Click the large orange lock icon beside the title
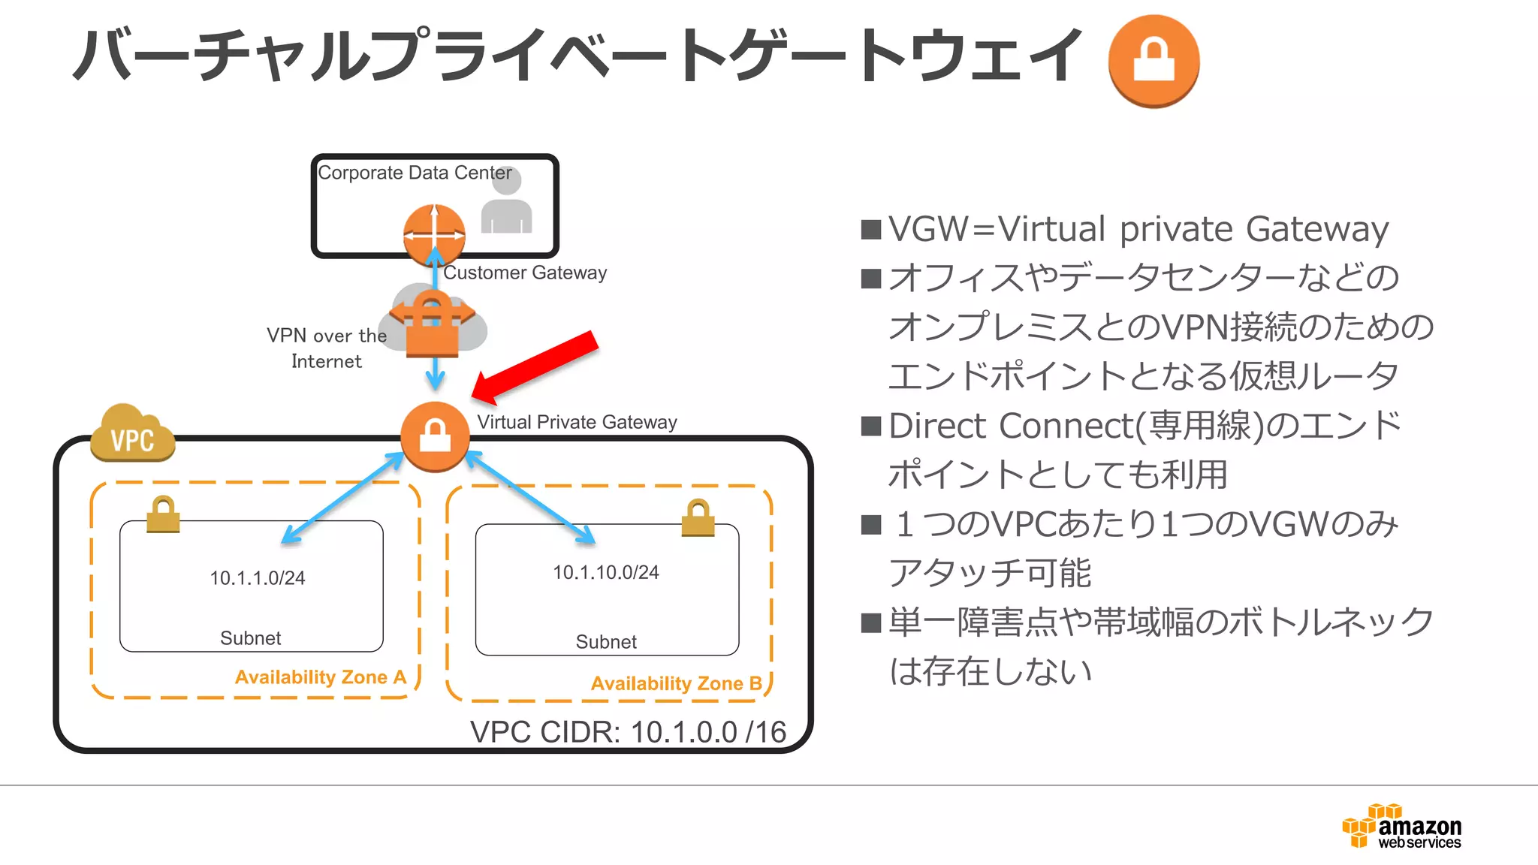(1153, 61)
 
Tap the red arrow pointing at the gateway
(536, 366)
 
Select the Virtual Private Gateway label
(577, 422)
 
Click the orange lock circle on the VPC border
(435, 436)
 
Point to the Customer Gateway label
(525, 273)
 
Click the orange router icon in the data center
(434, 234)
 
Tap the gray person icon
(507, 201)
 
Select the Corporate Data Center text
(415, 173)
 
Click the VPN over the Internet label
(327, 348)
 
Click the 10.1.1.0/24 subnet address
(257, 578)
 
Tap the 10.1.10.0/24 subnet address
(606, 573)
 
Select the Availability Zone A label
(321, 677)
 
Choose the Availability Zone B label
(676, 684)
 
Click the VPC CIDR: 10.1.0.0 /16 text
(628, 732)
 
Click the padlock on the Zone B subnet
(698, 517)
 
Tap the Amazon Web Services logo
(1403, 827)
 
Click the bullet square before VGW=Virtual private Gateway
(871, 229)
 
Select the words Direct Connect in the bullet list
(1011, 426)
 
